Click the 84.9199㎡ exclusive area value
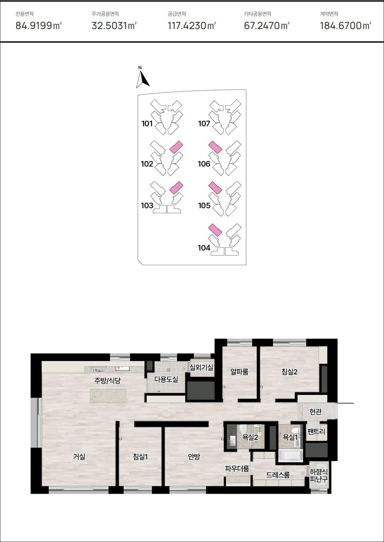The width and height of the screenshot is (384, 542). point(38,25)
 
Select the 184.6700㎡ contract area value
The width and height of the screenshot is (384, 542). point(346,25)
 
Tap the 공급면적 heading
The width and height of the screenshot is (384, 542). point(177,14)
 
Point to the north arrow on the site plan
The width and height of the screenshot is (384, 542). point(143,77)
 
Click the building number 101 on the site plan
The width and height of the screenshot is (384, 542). point(147,124)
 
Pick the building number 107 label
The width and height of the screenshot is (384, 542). point(204,124)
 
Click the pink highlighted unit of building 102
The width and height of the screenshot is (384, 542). point(176,147)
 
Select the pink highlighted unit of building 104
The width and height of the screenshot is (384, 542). point(215,230)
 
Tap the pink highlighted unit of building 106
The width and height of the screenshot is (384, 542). point(215,147)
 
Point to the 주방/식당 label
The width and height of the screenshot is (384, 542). point(107,381)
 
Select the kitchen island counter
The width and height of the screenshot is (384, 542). point(108,395)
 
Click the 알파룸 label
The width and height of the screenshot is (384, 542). point(239,371)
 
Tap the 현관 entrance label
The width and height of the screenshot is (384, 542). point(315,411)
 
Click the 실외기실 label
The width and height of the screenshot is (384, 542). point(201,367)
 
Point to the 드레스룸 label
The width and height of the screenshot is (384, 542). point(278,475)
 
